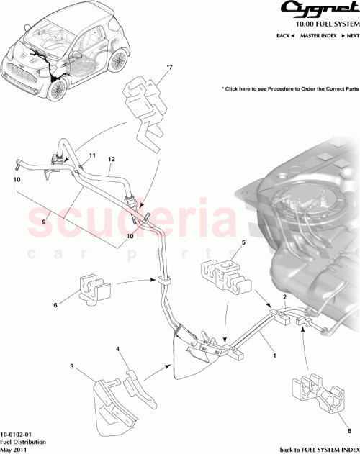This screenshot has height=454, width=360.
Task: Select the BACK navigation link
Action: coord(286,35)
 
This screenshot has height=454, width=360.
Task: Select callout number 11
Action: coord(92,155)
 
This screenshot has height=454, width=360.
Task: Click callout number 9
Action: coord(43,222)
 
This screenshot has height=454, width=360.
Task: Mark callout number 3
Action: coord(71,367)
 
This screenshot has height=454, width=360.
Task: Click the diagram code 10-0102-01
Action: coord(16,435)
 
